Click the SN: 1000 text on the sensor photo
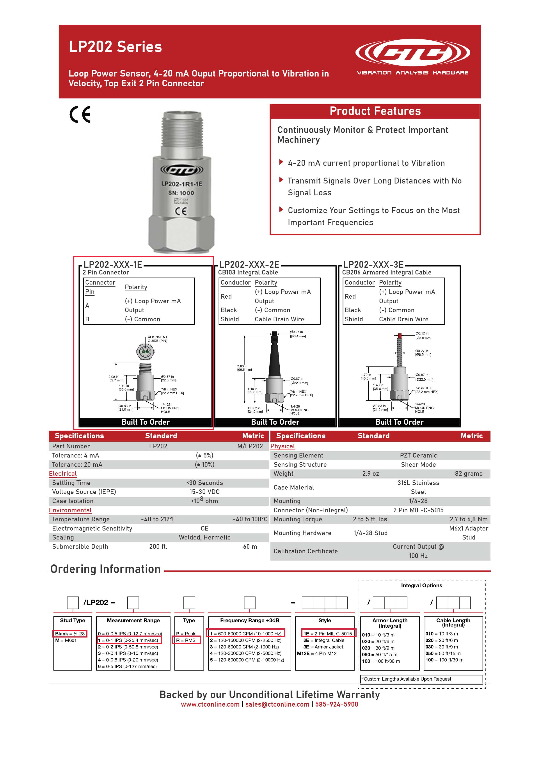pyautogui.click(x=181, y=193)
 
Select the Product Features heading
pyautogui.click(x=375, y=111)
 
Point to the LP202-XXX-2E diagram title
pyautogui.click(x=249, y=265)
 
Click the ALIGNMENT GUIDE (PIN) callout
pyautogui.click(x=158, y=339)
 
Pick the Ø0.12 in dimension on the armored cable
pyautogui.click(x=422, y=333)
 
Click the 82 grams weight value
pyautogui.click(x=469, y=474)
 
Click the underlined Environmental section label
pyautogui.click(x=70, y=510)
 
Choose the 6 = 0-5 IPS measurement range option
pyautogui.click(x=127, y=666)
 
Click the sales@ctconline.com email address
pyautogui.click(x=277, y=704)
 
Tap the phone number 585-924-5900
pyautogui.click(x=336, y=704)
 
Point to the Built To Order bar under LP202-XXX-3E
pyautogui.click(x=399, y=422)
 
